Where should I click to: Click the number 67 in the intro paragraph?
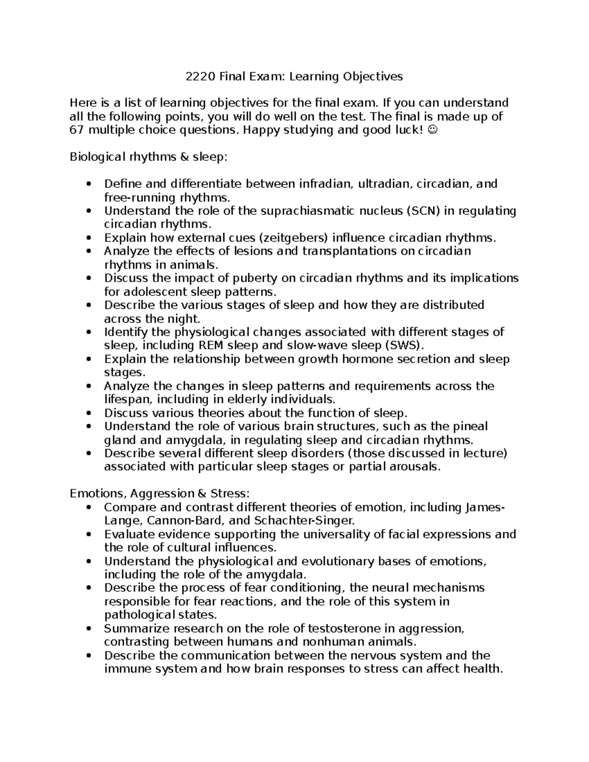point(77,130)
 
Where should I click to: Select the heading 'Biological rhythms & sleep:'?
point(149,157)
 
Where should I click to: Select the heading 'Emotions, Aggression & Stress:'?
point(160,494)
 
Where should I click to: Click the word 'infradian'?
point(325,184)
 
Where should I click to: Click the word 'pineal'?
point(470,426)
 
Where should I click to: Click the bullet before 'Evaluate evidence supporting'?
point(88,535)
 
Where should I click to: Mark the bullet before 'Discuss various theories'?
point(88,413)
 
